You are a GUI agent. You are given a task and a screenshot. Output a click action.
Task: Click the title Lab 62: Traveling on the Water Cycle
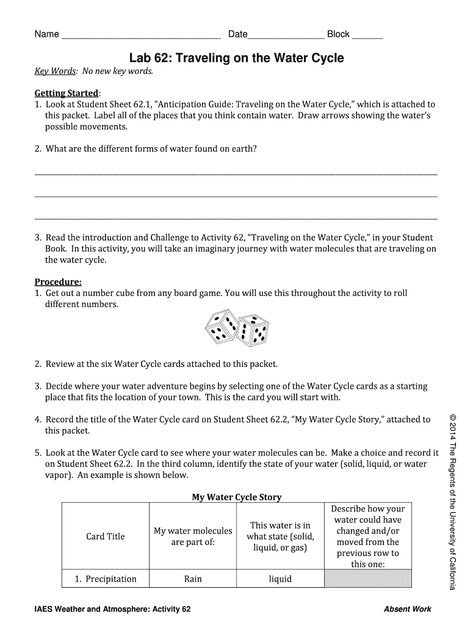point(236,58)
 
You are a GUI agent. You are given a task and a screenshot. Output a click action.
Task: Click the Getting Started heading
point(66,93)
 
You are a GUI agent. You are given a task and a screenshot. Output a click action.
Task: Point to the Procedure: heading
point(58,281)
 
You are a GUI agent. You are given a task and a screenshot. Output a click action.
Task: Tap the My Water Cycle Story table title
point(237,497)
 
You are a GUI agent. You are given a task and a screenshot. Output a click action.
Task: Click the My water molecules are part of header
point(193,536)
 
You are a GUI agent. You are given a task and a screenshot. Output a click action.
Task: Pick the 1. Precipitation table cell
point(106,579)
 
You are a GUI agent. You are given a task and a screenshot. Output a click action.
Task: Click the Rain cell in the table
point(193,579)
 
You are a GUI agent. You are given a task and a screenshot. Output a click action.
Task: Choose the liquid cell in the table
point(280,579)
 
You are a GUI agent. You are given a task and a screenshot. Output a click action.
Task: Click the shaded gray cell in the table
point(368,579)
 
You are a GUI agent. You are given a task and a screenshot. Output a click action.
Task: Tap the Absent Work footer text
point(407,609)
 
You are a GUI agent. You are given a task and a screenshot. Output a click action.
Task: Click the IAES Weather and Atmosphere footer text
point(113,609)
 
